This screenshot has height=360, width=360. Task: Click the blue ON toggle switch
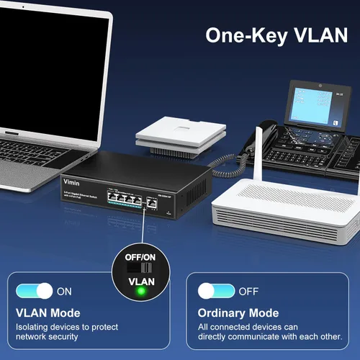tap(34, 291)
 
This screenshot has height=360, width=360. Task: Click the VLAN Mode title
tap(48, 313)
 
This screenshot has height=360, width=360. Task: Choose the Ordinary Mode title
tap(238, 313)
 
